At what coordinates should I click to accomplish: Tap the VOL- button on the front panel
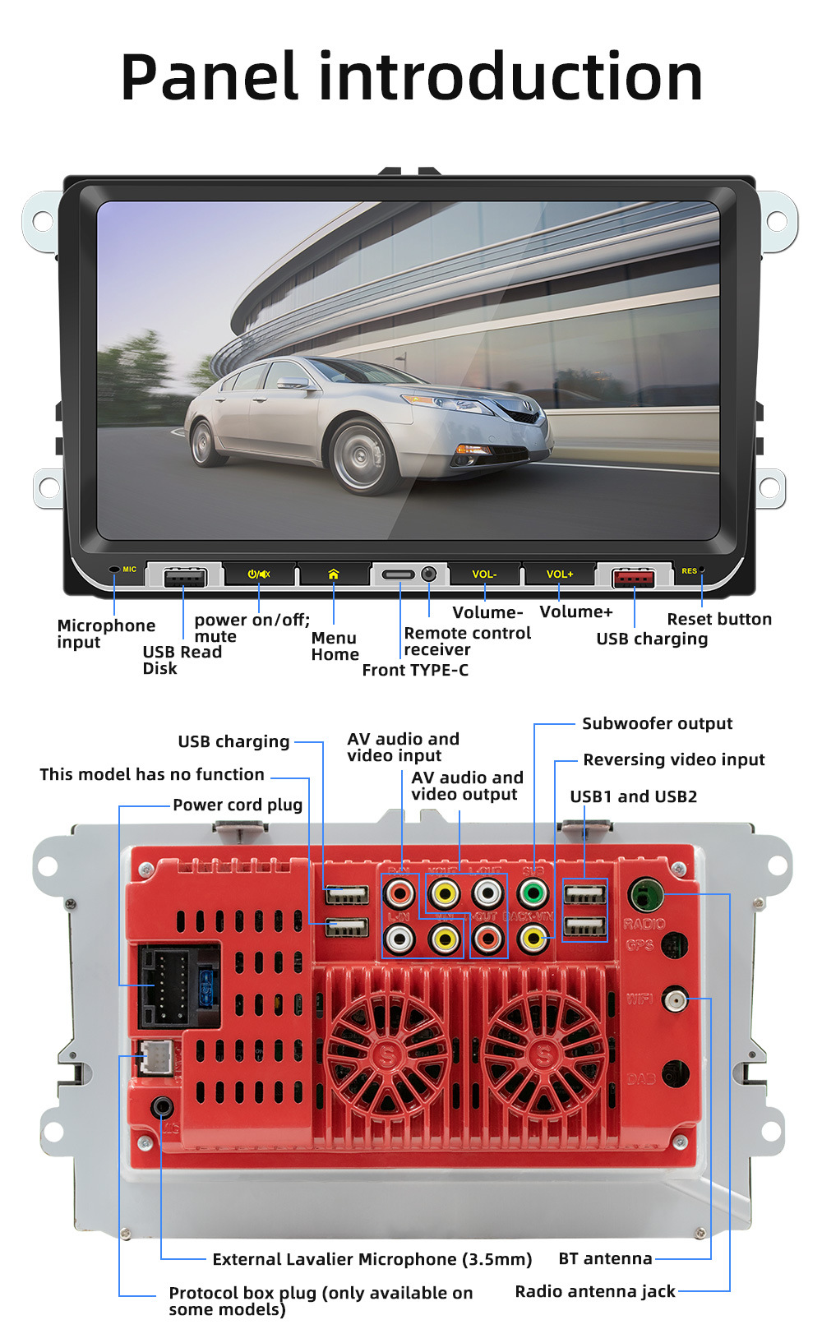(484, 574)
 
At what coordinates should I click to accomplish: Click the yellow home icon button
(333, 574)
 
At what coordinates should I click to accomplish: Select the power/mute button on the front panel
(259, 574)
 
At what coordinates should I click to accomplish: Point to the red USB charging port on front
(634, 578)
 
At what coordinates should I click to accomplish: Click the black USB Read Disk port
(184, 578)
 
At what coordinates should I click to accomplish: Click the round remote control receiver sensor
(429, 574)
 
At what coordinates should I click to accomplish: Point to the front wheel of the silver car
(360, 455)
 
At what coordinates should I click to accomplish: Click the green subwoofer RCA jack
(533, 892)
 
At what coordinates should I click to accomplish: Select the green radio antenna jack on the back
(645, 893)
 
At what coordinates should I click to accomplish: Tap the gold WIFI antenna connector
(675, 999)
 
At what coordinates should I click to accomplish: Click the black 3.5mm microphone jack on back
(162, 1106)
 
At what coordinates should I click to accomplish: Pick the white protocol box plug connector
(155, 1058)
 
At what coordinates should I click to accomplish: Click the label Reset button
(719, 619)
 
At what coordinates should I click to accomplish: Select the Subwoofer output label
(657, 724)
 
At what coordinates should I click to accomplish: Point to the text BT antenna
(605, 1258)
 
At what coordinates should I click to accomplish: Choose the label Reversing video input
(673, 759)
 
